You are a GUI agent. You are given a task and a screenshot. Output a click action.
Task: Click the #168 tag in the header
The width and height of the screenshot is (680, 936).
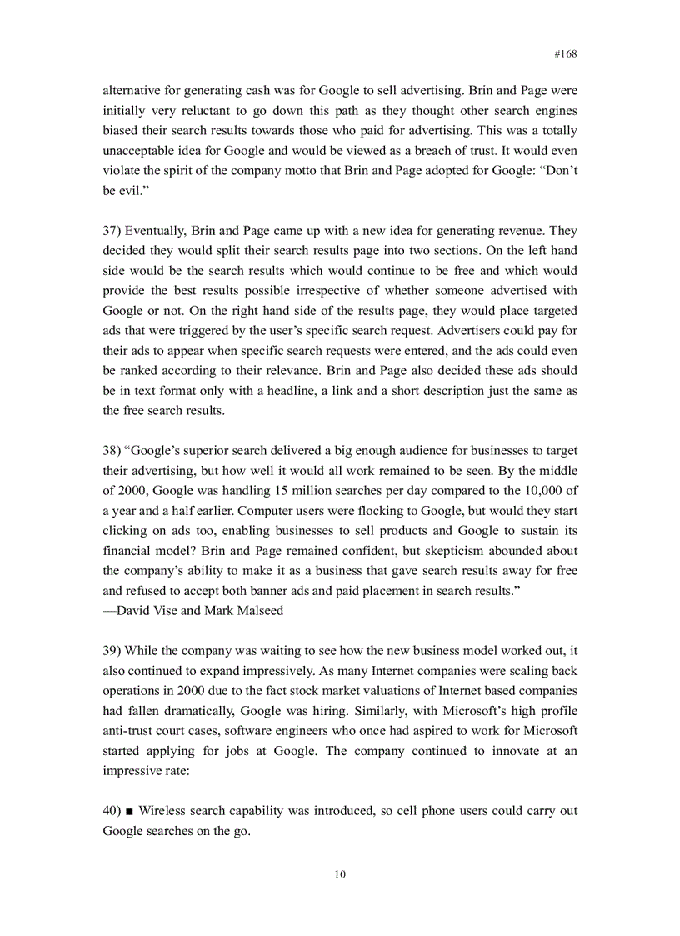point(565,53)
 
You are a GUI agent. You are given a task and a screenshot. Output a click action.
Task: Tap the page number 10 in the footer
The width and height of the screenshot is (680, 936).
point(339,874)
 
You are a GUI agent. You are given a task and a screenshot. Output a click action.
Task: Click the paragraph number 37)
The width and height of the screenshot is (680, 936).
point(113,231)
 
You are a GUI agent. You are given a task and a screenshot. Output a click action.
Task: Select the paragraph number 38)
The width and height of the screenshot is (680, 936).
point(113,451)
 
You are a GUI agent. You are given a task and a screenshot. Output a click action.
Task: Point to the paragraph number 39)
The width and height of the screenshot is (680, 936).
point(113,651)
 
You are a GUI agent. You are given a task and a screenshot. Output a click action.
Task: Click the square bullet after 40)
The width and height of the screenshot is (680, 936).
point(131,811)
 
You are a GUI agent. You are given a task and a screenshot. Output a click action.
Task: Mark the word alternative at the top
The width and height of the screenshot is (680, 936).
point(133,91)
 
